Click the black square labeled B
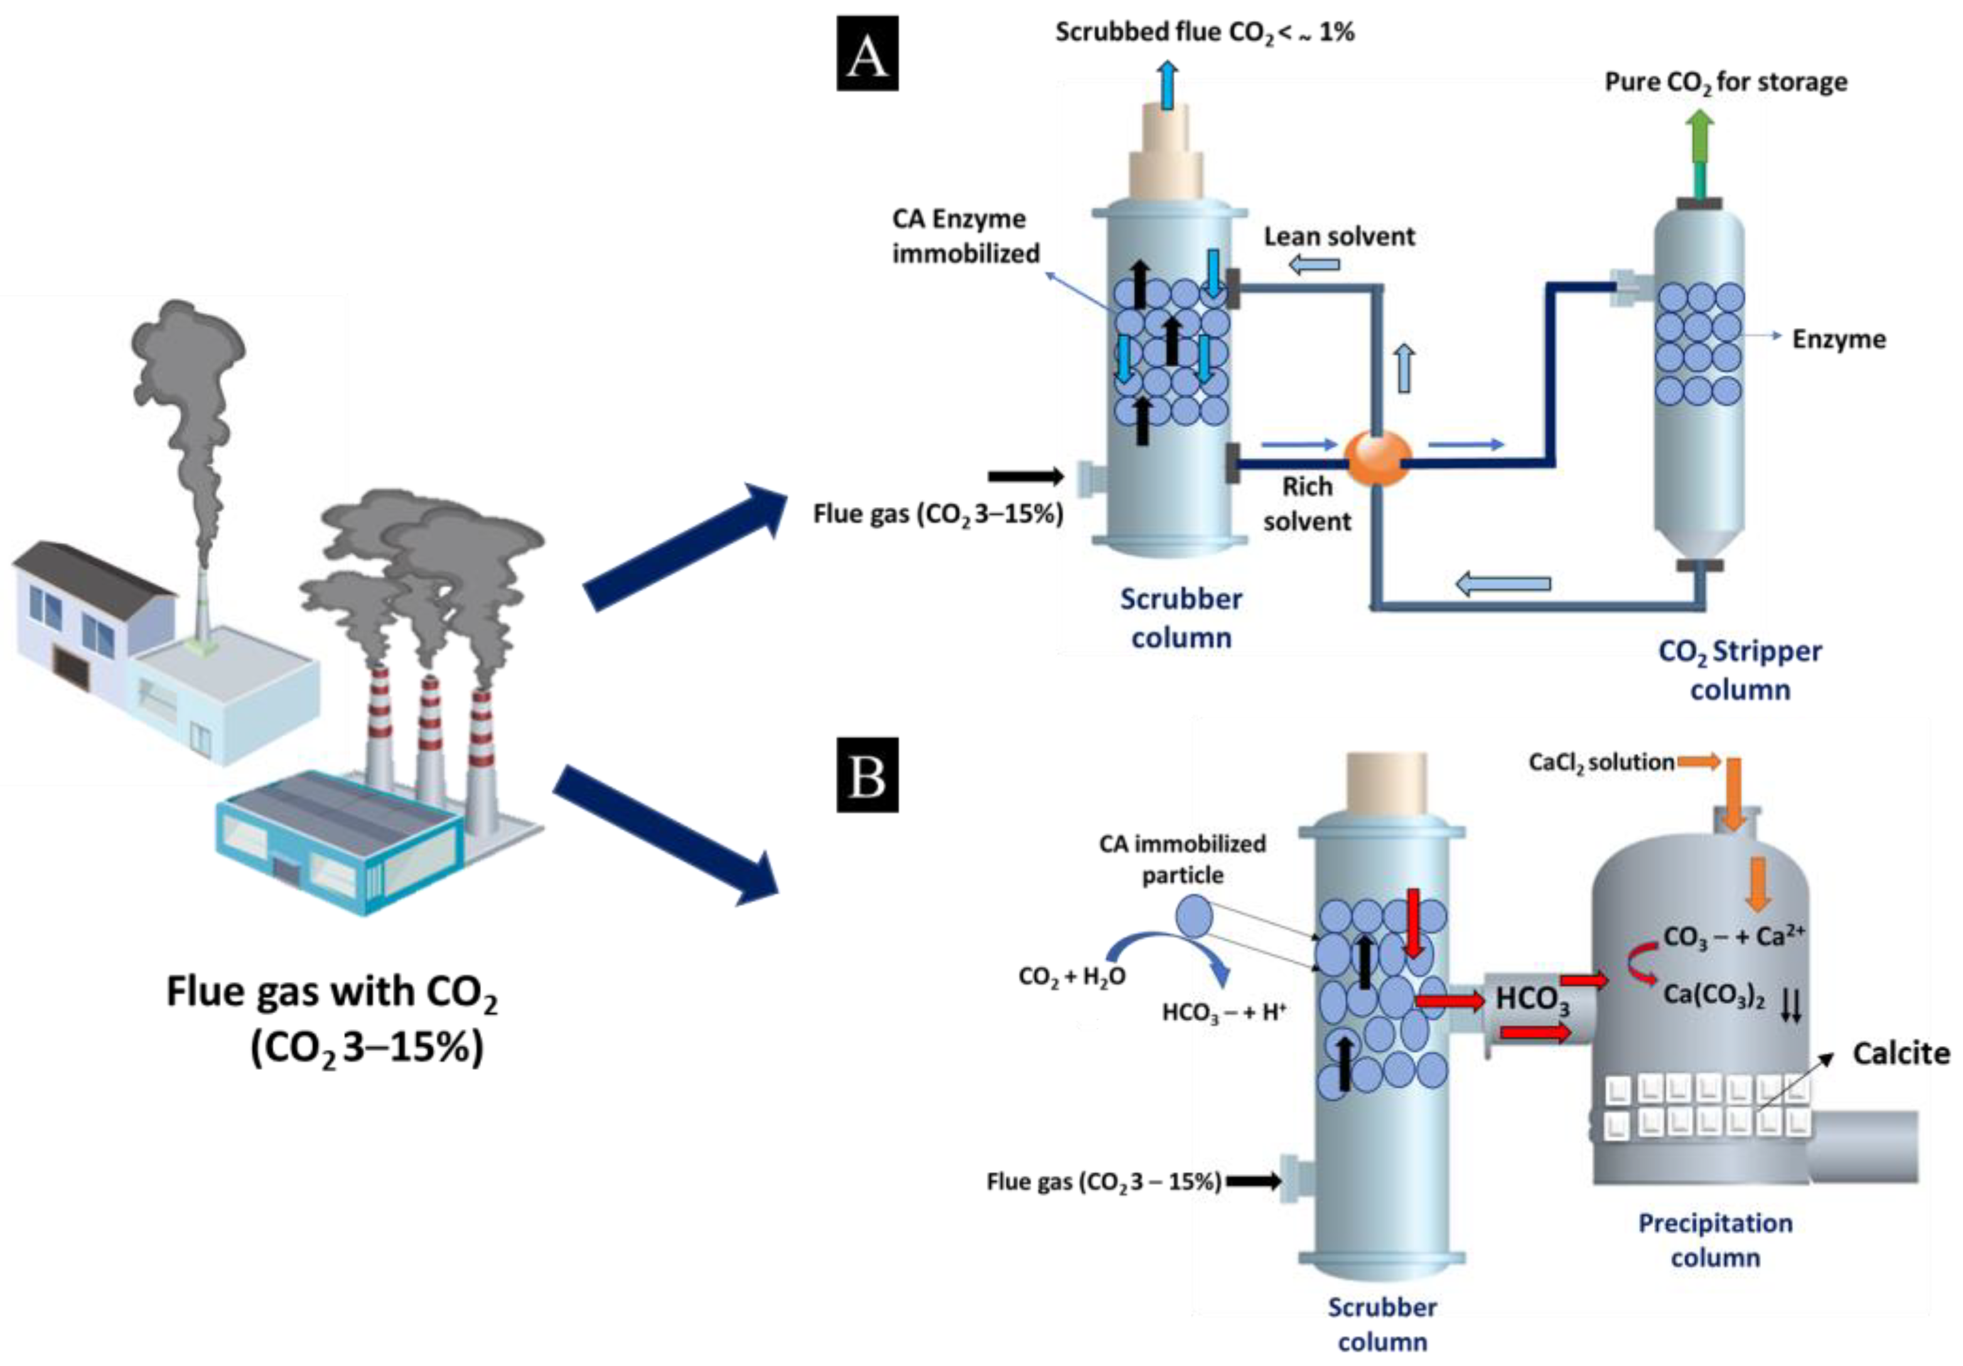(x=867, y=774)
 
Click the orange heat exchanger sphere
(x=1378, y=457)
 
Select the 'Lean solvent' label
(x=1339, y=237)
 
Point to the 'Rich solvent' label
(x=1306, y=503)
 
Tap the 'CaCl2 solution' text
(x=1601, y=762)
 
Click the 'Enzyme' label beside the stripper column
(x=1838, y=339)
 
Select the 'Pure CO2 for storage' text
(x=1725, y=83)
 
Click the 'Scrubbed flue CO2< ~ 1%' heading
(x=1204, y=33)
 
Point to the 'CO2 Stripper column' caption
(x=1740, y=670)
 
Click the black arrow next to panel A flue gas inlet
(x=1025, y=477)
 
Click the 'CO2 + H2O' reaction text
(x=1072, y=976)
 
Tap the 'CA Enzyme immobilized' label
(x=965, y=236)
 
